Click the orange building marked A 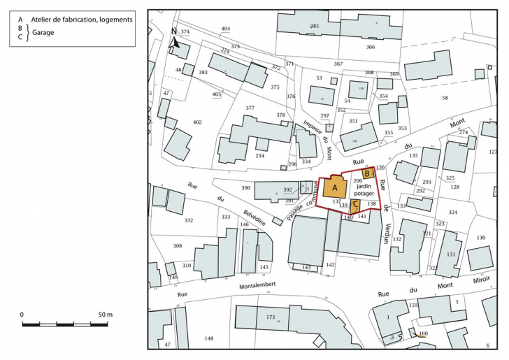coord(335,187)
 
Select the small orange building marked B coord(367,174)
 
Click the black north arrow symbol coord(175,40)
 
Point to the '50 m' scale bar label coord(105,315)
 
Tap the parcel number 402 coord(197,122)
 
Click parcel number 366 coord(370,47)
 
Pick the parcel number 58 coord(445,98)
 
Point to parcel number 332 coord(189,220)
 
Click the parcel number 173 coord(271,317)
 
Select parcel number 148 coord(208,338)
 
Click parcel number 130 coord(481,238)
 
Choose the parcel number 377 coord(250,108)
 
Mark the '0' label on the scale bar coord(22,315)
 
